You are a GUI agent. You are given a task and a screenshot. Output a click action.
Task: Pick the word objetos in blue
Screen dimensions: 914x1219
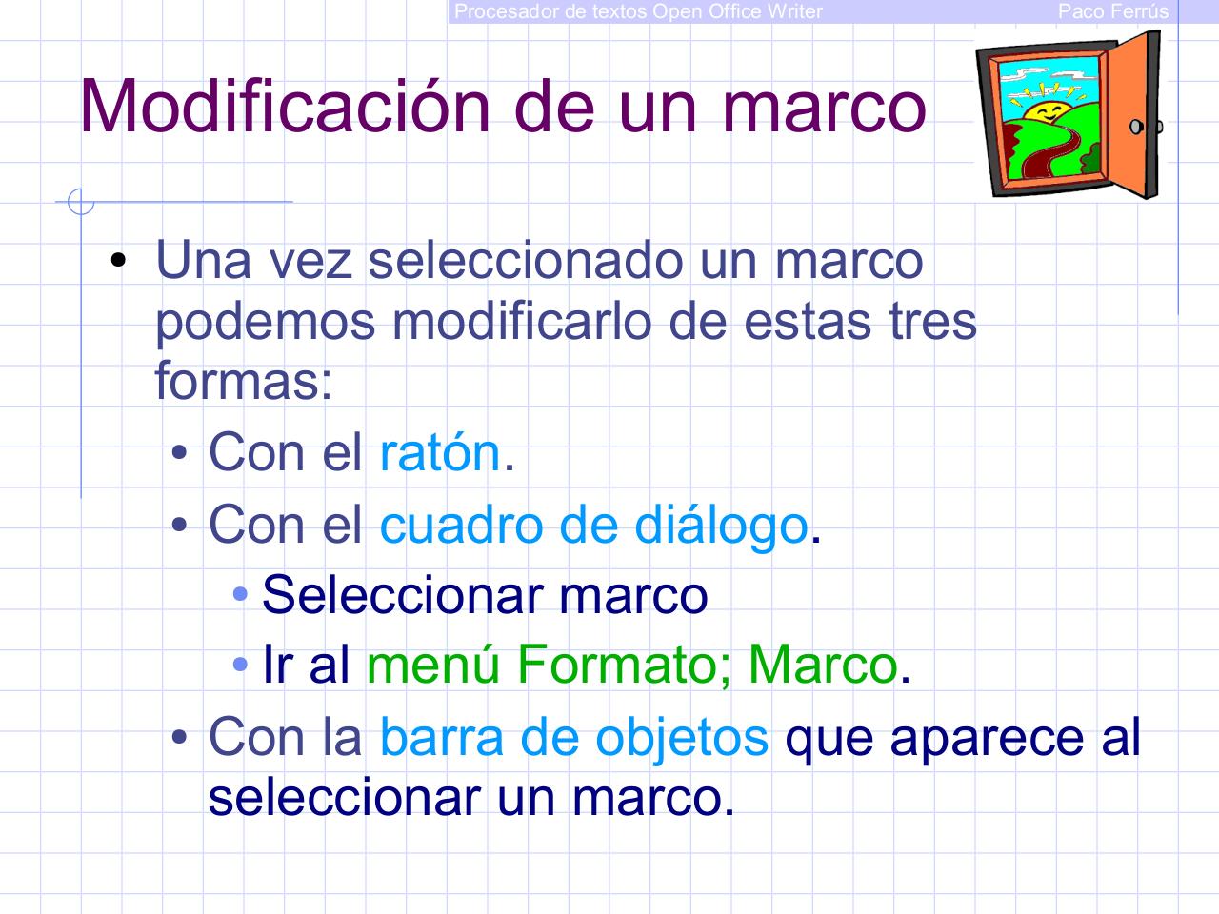click(x=681, y=737)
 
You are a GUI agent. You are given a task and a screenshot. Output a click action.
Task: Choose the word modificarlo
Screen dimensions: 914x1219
click(x=523, y=322)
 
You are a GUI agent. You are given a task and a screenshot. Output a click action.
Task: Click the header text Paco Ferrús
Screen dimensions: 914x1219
click(x=1112, y=11)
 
